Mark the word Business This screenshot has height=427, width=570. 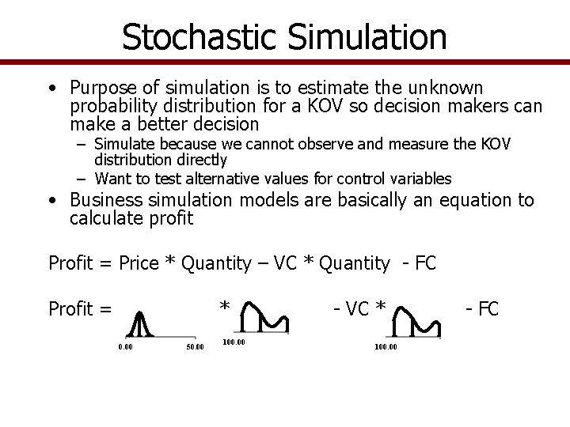click(108, 201)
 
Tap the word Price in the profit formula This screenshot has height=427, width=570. click(139, 263)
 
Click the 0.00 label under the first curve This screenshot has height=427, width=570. click(125, 346)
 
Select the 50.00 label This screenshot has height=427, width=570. click(195, 346)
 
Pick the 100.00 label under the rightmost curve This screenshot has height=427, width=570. click(386, 346)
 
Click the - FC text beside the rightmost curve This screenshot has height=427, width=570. click(481, 308)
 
